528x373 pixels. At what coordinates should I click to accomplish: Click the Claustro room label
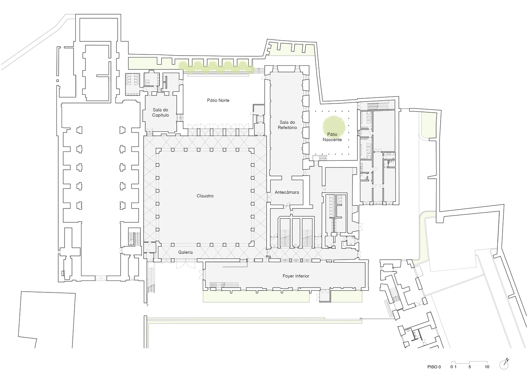[205, 196]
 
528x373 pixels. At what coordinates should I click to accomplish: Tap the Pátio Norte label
[218, 100]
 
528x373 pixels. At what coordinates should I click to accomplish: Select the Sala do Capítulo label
[160, 112]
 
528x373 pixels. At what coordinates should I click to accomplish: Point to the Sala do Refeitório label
[287, 125]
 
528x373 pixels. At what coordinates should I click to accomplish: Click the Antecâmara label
[287, 192]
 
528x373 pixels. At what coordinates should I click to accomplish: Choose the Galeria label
[185, 252]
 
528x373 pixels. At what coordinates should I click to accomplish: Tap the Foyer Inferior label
[296, 276]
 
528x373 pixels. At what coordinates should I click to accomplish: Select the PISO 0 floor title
[434, 367]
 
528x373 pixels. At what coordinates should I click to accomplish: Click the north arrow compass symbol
[504, 363]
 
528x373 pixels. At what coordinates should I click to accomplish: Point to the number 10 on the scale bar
[487, 367]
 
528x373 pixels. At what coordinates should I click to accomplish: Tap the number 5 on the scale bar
[469, 367]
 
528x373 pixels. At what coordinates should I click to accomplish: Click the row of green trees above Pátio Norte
[217, 66]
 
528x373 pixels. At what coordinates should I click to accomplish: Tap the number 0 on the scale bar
[451, 367]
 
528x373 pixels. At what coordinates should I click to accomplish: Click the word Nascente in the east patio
[332, 140]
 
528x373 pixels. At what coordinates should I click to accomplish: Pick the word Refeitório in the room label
[287, 128]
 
